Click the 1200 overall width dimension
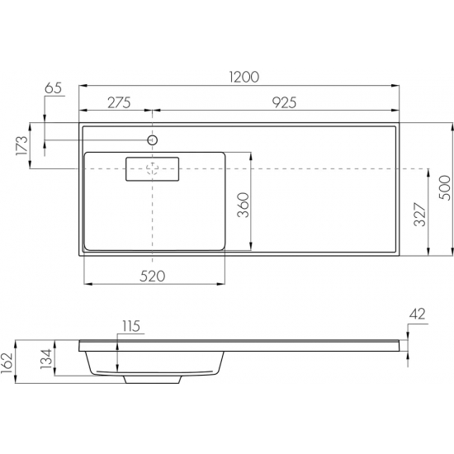pos(244,77)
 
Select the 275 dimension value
pos(119,102)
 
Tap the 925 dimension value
pos(284,102)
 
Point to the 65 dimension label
pos(54,88)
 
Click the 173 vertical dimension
pos(22,145)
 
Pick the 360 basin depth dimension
pos(244,205)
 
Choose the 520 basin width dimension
pos(153,277)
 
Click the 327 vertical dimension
pos(420,215)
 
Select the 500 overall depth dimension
pos(445,188)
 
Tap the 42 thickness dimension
pos(418,314)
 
